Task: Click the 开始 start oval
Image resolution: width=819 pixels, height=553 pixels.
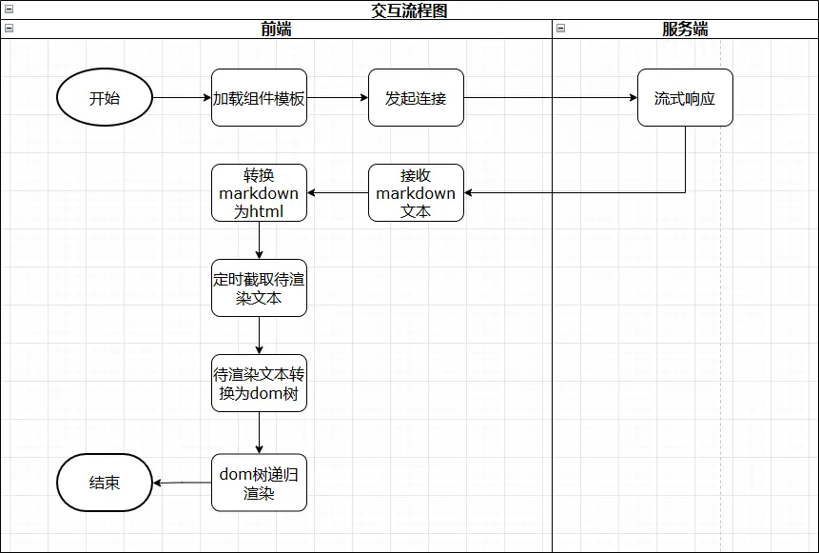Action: click(x=105, y=97)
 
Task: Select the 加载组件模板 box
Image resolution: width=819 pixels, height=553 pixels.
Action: click(x=259, y=97)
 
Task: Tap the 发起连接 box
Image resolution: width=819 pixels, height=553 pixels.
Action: click(x=416, y=97)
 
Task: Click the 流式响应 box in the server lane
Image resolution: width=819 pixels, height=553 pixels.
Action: click(x=685, y=97)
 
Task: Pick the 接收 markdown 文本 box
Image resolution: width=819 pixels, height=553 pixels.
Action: click(x=416, y=193)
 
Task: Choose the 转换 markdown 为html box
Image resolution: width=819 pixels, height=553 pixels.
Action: click(x=259, y=193)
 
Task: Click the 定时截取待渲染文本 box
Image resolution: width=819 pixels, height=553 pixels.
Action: click(x=259, y=288)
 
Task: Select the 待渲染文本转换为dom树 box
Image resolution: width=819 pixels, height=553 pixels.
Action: click(x=259, y=384)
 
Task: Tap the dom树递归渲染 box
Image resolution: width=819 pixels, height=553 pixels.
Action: click(x=259, y=483)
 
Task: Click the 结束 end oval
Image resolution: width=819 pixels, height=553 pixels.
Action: click(x=105, y=483)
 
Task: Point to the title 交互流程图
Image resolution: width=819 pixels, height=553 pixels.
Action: click(x=409, y=10)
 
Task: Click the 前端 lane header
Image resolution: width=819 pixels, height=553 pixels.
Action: click(x=276, y=29)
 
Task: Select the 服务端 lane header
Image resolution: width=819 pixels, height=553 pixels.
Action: click(x=685, y=29)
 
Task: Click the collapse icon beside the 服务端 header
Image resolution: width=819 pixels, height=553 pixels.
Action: click(x=561, y=29)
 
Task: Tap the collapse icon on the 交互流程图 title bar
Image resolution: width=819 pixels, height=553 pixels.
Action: click(x=9, y=10)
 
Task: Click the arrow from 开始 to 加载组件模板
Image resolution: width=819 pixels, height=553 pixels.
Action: click(x=182, y=97)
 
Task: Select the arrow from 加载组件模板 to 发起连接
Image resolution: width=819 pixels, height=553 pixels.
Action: click(x=338, y=97)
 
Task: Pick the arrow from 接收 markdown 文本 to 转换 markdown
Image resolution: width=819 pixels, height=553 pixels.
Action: click(x=338, y=193)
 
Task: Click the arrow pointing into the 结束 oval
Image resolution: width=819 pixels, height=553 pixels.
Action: click(x=182, y=483)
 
